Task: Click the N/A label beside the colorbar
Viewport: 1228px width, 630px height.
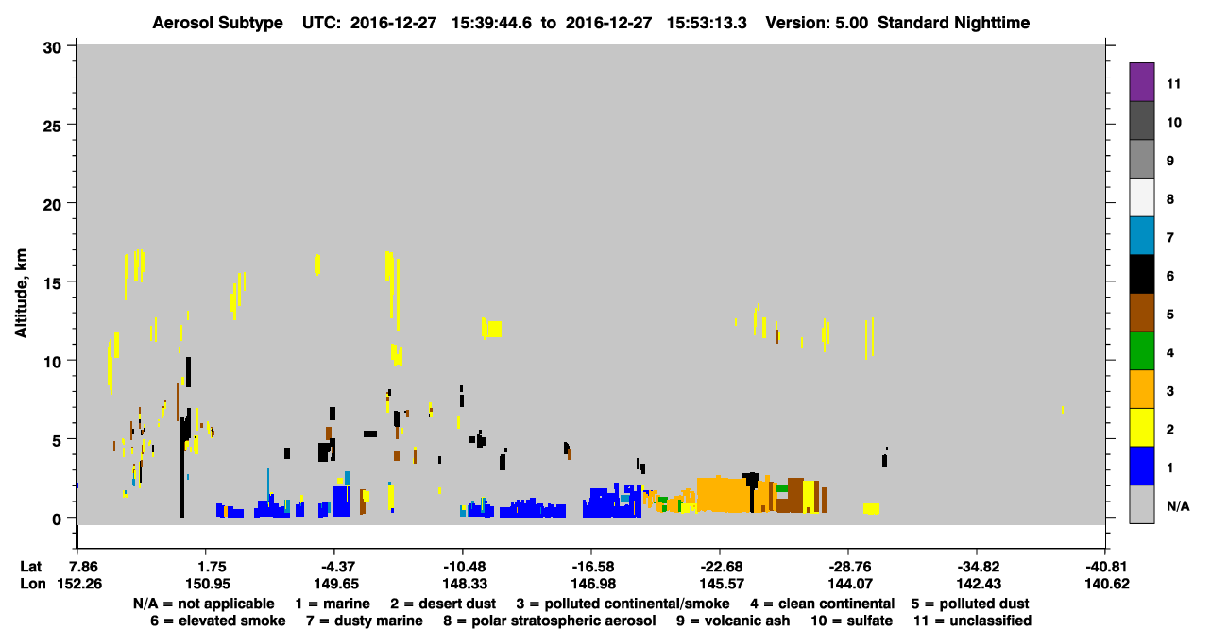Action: point(1178,506)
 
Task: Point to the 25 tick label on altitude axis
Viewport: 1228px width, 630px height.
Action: point(52,127)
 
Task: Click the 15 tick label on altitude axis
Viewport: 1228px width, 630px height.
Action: point(52,284)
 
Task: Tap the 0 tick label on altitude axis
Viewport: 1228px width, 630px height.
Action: point(57,519)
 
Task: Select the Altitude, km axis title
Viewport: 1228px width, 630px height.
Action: point(21,294)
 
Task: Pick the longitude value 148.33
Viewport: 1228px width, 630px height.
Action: point(465,584)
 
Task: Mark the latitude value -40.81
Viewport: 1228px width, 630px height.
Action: point(1107,567)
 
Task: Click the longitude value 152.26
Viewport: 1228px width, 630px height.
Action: point(79,584)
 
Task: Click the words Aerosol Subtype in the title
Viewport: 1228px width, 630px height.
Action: point(217,23)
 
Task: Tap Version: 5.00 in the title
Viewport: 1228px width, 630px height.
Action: point(816,23)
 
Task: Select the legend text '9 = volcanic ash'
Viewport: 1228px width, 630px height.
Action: point(732,621)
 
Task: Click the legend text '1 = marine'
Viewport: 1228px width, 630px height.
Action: point(333,604)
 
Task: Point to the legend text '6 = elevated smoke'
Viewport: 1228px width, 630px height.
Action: point(217,621)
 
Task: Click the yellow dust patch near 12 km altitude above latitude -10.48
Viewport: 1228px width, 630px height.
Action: point(492,329)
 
